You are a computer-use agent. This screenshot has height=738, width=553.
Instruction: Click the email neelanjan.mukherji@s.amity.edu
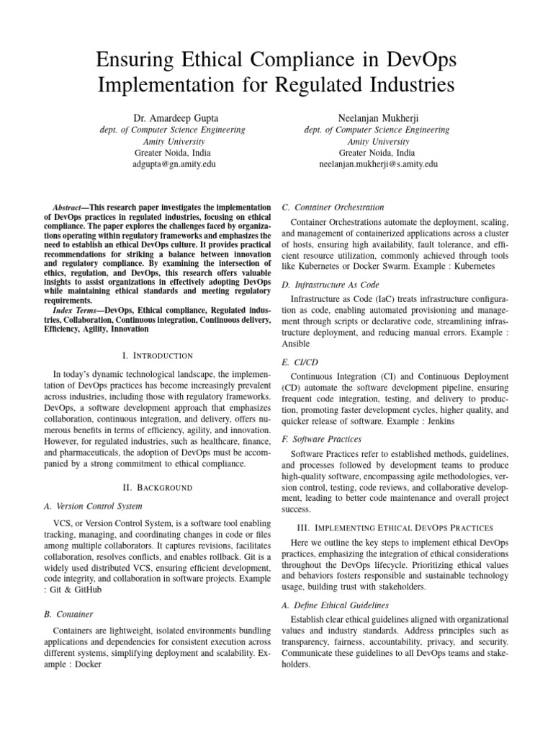tap(378, 164)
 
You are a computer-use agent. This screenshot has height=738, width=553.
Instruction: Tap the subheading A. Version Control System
tap(88, 506)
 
